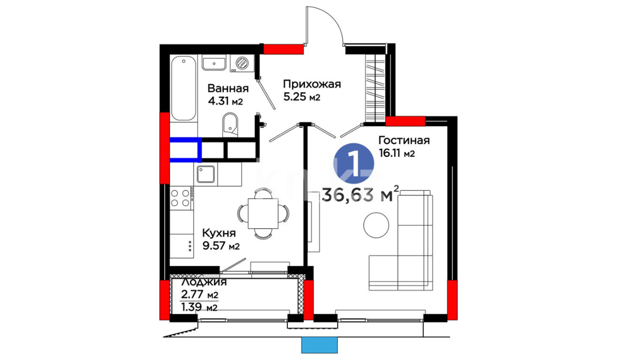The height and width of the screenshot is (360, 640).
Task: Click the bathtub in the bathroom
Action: pos(183,88)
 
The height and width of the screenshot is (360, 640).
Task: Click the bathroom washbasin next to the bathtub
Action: pos(214,63)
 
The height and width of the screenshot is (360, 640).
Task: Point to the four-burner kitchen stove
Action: pos(180,198)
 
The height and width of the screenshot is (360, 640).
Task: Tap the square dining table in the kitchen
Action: pos(263,214)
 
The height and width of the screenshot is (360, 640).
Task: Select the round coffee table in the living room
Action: pos(376,225)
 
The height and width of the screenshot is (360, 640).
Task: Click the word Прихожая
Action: pos(312,84)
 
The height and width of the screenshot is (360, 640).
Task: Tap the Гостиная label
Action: pos(404,140)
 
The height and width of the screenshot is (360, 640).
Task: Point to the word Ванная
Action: pos(228,88)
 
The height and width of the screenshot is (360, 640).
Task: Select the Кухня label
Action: pos(219,233)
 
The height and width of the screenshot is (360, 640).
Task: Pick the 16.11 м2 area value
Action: pos(397,153)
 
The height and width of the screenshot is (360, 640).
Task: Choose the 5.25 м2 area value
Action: pos(302,97)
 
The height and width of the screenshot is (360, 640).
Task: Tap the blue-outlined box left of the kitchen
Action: pos(186,150)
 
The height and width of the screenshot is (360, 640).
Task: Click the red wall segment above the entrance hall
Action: pos(284,49)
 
